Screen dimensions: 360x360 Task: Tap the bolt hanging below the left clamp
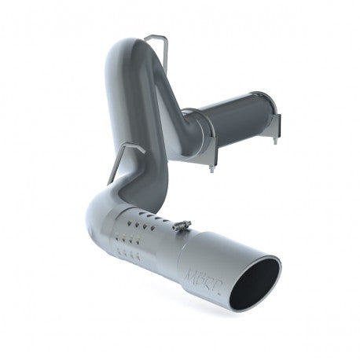pyautogui.click(x=212, y=165)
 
